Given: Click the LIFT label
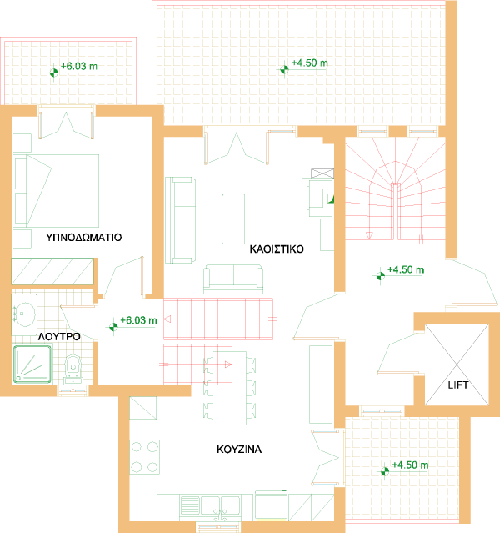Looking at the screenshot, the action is (x=457, y=385).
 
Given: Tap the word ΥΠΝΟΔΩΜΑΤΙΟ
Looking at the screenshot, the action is (x=84, y=237).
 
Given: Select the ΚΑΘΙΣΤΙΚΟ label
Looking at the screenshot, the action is (x=277, y=249).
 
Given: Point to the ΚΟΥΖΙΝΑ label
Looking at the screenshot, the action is (x=239, y=449).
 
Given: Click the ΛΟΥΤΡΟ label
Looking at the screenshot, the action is (x=59, y=336).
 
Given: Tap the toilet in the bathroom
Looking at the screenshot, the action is (x=73, y=370).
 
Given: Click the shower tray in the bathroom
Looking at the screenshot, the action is (x=32, y=364).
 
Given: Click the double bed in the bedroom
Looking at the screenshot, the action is (x=56, y=191).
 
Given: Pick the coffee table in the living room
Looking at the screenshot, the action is (x=233, y=219).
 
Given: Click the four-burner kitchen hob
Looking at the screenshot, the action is (x=144, y=457).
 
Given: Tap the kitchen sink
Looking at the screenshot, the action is (x=211, y=507).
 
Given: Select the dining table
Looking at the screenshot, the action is (x=230, y=388).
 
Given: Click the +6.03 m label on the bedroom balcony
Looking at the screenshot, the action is (x=79, y=66).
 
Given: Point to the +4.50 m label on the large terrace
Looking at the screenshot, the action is (x=310, y=63).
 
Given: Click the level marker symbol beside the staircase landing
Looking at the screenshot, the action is (x=381, y=276).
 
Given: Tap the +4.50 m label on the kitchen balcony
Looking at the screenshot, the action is (x=410, y=465).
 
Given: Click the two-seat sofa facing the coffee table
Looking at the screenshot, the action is (x=233, y=279).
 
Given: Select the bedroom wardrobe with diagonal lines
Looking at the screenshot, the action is (x=52, y=271).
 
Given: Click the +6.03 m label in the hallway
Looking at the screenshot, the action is (x=138, y=320).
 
